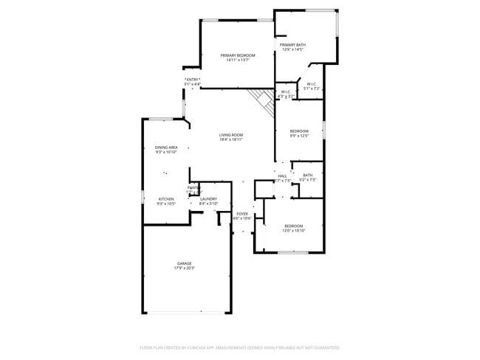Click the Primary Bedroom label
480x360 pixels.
(x=237, y=55)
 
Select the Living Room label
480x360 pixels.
(x=231, y=135)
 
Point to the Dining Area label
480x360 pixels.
(x=166, y=148)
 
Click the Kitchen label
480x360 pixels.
(x=166, y=198)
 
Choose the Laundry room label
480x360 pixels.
(x=208, y=198)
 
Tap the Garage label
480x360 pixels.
(x=184, y=263)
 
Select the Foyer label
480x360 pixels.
(x=242, y=214)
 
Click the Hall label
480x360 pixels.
(x=282, y=176)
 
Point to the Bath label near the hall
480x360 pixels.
(x=307, y=175)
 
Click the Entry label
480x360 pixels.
(x=193, y=80)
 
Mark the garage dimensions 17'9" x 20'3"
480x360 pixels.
(x=184, y=269)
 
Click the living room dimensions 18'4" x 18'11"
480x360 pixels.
(x=231, y=139)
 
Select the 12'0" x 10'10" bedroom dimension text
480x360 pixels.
(x=293, y=231)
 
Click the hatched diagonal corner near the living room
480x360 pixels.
(x=262, y=98)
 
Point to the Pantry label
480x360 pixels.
(x=193, y=188)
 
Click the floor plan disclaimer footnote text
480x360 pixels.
(x=239, y=347)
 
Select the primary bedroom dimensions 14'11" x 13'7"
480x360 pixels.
(x=237, y=60)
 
